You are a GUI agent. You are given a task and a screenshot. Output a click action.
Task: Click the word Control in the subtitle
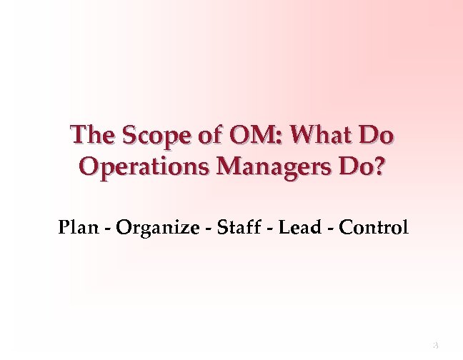pyautogui.click(x=374, y=229)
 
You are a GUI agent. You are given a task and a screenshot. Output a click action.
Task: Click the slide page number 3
pyautogui.click(x=434, y=346)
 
